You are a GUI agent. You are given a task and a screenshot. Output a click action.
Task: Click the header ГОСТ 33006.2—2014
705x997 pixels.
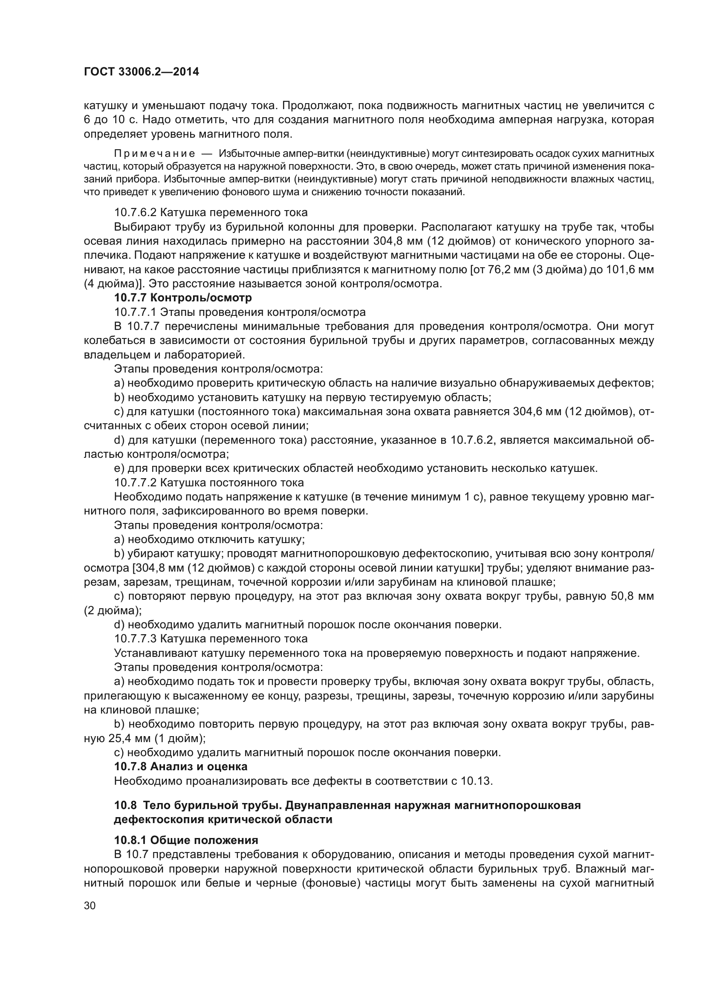pyautogui.click(x=142, y=72)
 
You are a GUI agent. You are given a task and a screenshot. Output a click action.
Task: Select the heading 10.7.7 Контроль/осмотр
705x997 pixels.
pyautogui.click(x=183, y=298)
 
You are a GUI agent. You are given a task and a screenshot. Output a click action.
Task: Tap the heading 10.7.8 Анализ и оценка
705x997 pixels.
pyautogui.click(x=181, y=766)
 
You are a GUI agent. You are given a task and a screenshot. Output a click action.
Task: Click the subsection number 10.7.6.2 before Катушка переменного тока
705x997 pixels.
pyautogui.click(x=135, y=212)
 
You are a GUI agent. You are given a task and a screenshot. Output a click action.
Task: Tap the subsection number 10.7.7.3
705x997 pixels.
pyautogui.click(x=135, y=639)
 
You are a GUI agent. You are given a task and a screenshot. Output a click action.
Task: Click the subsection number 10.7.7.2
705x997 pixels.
pyautogui.click(x=135, y=483)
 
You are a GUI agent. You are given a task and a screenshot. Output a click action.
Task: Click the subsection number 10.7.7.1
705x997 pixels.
pyautogui.click(x=135, y=312)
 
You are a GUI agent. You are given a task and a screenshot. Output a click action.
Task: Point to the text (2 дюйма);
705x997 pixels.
pyautogui.click(x=113, y=610)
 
